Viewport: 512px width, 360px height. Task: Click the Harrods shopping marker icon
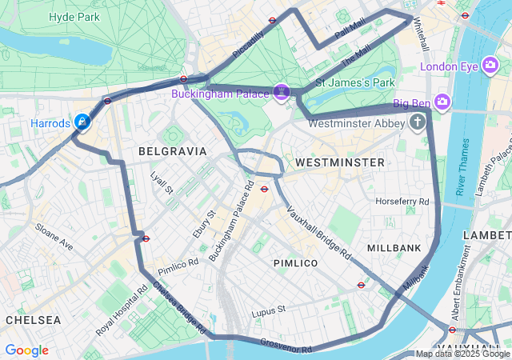(x=82, y=122)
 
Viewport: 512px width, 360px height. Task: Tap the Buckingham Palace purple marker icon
(x=282, y=93)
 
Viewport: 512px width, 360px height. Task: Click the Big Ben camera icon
(x=442, y=102)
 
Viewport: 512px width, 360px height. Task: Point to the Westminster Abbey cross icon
(x=417, y=122)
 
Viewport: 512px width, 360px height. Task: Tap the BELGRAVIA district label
(x=172, y=150)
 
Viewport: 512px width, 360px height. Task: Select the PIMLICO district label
(x=295, y=262)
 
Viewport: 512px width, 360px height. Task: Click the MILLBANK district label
(x=394, y=248)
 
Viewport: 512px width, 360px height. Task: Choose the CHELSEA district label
(x=33, y=319)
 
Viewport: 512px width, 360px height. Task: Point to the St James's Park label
(x=355, y=82)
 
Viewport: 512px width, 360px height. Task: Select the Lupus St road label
(x=268, y=310)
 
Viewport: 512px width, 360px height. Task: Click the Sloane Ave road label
(x=54, y=237)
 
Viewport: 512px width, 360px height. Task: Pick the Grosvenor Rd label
(x=286, y=346)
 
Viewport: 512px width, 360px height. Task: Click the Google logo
(x=26, y=350)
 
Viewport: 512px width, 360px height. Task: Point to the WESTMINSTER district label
(x=339, y=162)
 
